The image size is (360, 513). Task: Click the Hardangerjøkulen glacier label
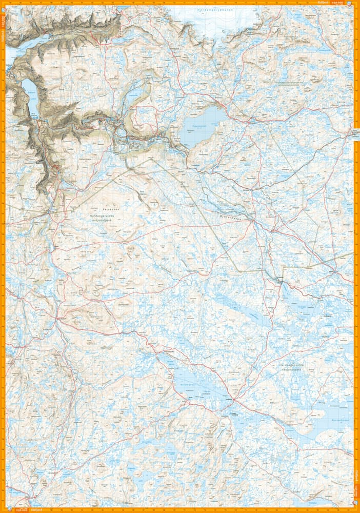click(215, 11)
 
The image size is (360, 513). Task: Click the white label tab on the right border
click(355, 133)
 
